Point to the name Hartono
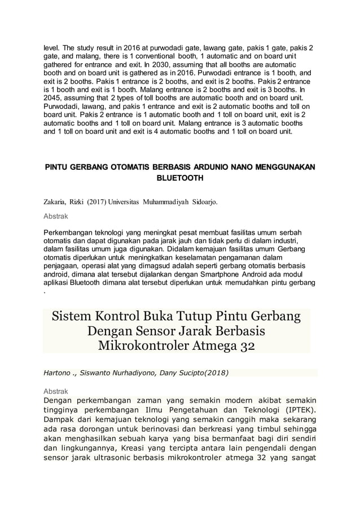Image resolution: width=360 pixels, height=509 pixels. coord(59,372)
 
